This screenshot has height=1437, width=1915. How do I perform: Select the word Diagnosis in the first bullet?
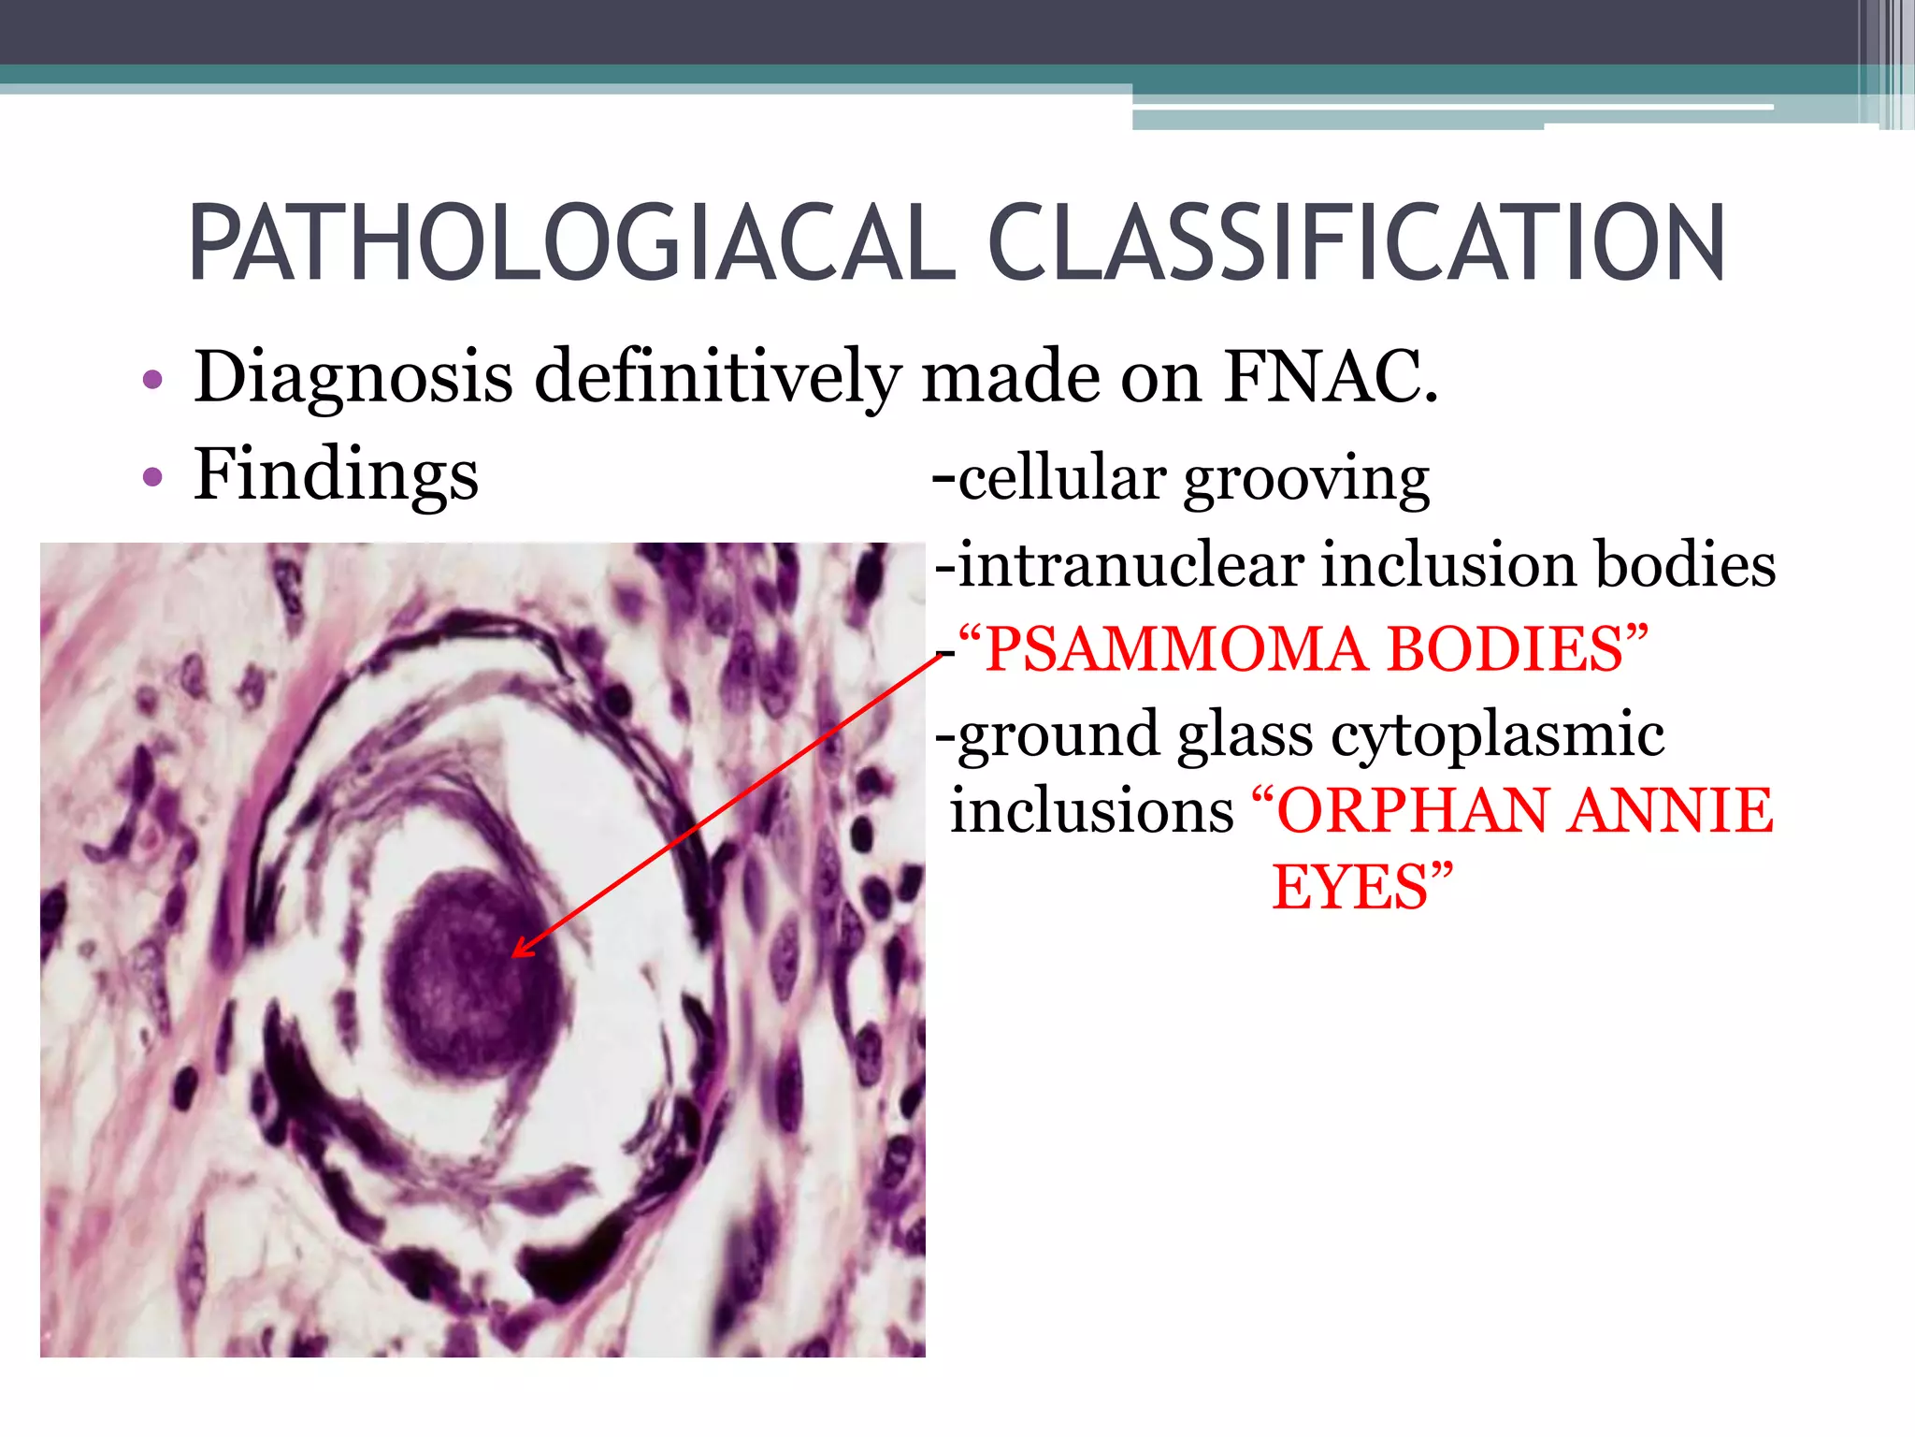(353, 378)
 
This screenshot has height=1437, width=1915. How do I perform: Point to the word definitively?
(717, 378)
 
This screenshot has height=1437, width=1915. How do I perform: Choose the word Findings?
(336, 475)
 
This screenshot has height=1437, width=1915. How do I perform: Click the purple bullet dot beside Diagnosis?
(152, 381)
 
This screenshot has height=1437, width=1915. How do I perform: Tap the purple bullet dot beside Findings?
(152, 478)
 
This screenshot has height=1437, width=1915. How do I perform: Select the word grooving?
(1306, 480)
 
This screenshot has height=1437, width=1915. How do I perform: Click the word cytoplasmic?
(1497, 735)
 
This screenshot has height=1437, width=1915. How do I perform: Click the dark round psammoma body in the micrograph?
(472, 973)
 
